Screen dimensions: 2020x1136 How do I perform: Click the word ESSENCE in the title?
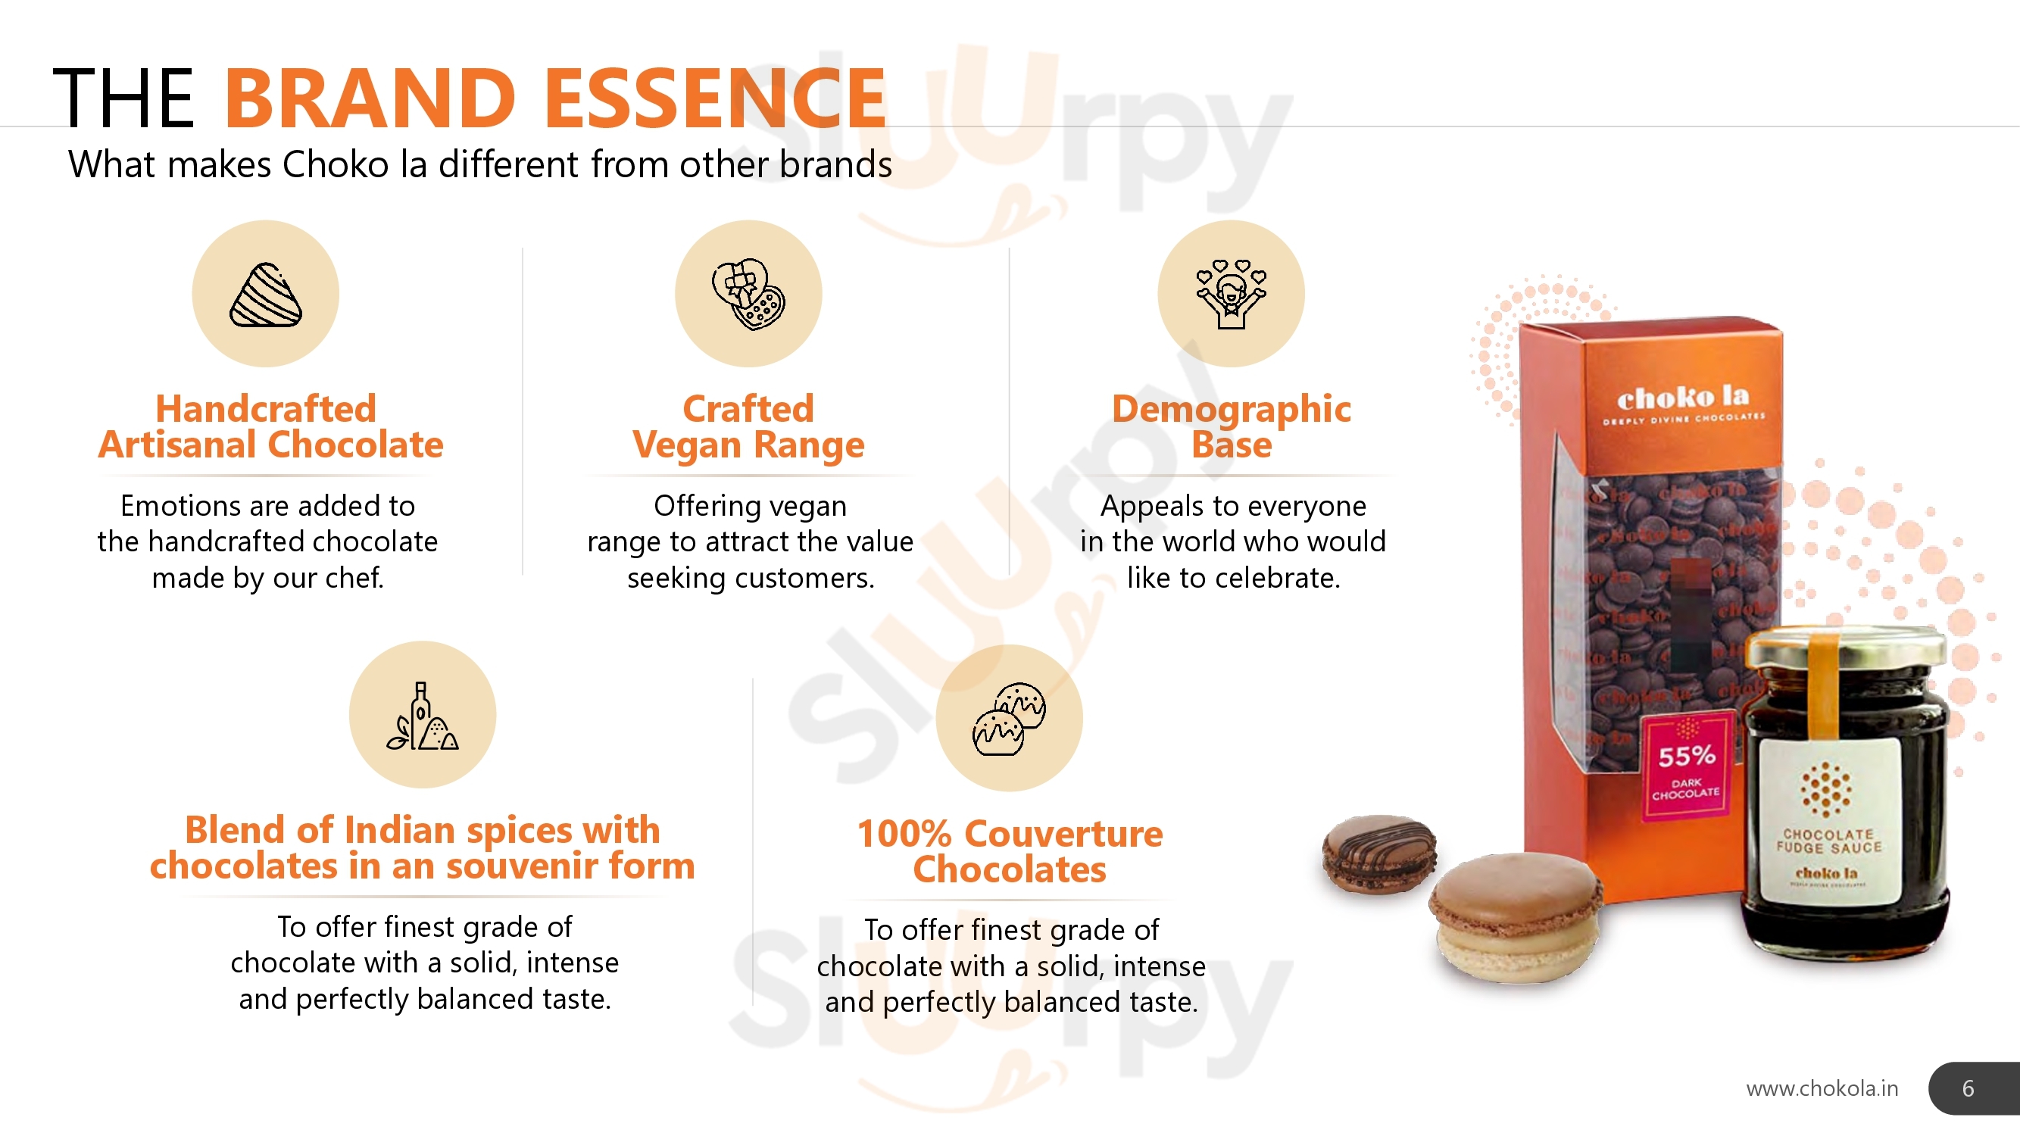coord(715,98)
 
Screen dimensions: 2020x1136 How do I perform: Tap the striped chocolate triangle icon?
coord(266,295)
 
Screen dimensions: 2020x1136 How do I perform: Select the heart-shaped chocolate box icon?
coord(748,294)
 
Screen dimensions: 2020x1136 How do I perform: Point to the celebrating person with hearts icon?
coord(1231,294)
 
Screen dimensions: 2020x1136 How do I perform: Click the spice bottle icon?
coord(422,715)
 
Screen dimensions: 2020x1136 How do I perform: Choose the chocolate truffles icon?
coord(1009,718)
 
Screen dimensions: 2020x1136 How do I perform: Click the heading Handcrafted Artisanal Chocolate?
coord(270,426)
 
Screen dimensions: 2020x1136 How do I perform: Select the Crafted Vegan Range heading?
coord(749,426)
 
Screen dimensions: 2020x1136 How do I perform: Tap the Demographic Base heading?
coord(1231,426)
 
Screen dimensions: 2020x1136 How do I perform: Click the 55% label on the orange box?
coord(1686,756)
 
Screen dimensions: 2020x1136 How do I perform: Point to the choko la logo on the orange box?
coord(1683,398)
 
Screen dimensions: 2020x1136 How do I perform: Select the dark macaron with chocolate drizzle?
coord(1379,854)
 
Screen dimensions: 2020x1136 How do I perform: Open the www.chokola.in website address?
coord(1822,1088)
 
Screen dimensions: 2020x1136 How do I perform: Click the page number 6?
coord(1968,1088)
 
